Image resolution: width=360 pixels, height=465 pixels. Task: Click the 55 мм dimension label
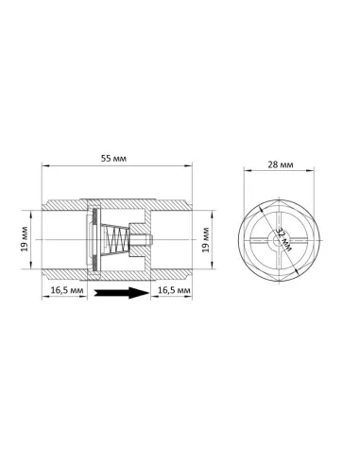click(x=113, y=158)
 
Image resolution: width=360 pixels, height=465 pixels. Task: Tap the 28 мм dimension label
click(x=281, y=164)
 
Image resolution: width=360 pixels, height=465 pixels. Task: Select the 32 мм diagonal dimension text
click(x=284, y=239)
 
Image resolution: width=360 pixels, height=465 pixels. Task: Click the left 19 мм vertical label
click(x=25, y=239)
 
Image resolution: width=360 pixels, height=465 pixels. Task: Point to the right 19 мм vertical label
click(x=206, y=239)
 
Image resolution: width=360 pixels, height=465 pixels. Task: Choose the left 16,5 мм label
click(x=67, y=290)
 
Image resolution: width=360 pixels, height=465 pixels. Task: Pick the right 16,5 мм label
click(x=174, y=290)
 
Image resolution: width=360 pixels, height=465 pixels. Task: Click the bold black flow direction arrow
click(x=122, y=293)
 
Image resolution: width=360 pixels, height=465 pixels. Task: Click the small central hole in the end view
click(x=278, y=241)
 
